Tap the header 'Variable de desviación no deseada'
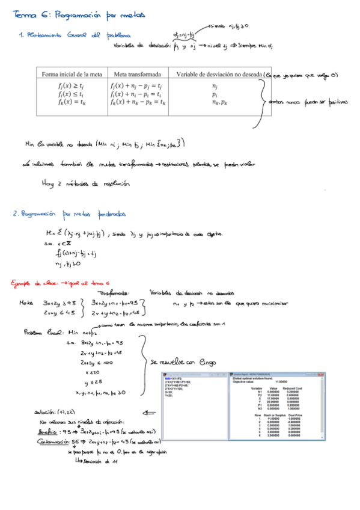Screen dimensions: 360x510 [x=218, y=75]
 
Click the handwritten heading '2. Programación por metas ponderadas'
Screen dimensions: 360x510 [x=69, y=213]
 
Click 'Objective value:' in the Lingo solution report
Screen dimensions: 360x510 [x=245, y=381]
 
